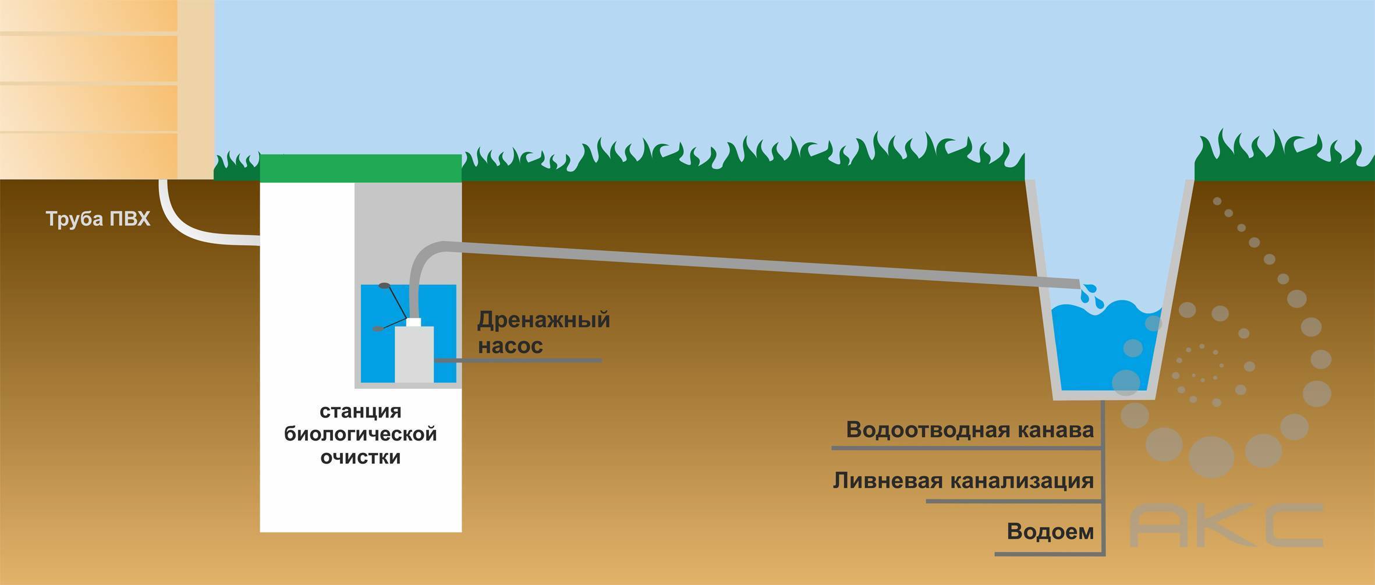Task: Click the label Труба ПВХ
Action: [98, 219]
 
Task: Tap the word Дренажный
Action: [544, 320]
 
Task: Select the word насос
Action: [511, 346]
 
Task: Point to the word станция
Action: [360, 412]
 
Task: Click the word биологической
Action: [360, 434]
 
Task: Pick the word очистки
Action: [360, 457]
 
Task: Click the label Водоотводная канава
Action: [970, 430]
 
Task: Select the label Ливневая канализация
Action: [963, 481]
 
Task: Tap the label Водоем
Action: [1050, 531]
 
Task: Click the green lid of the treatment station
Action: [360, 168]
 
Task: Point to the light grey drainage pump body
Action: [414, 354]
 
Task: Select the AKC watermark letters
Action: [1226, 526]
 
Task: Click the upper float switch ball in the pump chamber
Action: [384, 286]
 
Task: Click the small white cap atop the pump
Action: [414, 321]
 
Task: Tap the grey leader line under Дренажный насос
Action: [518, 361]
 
